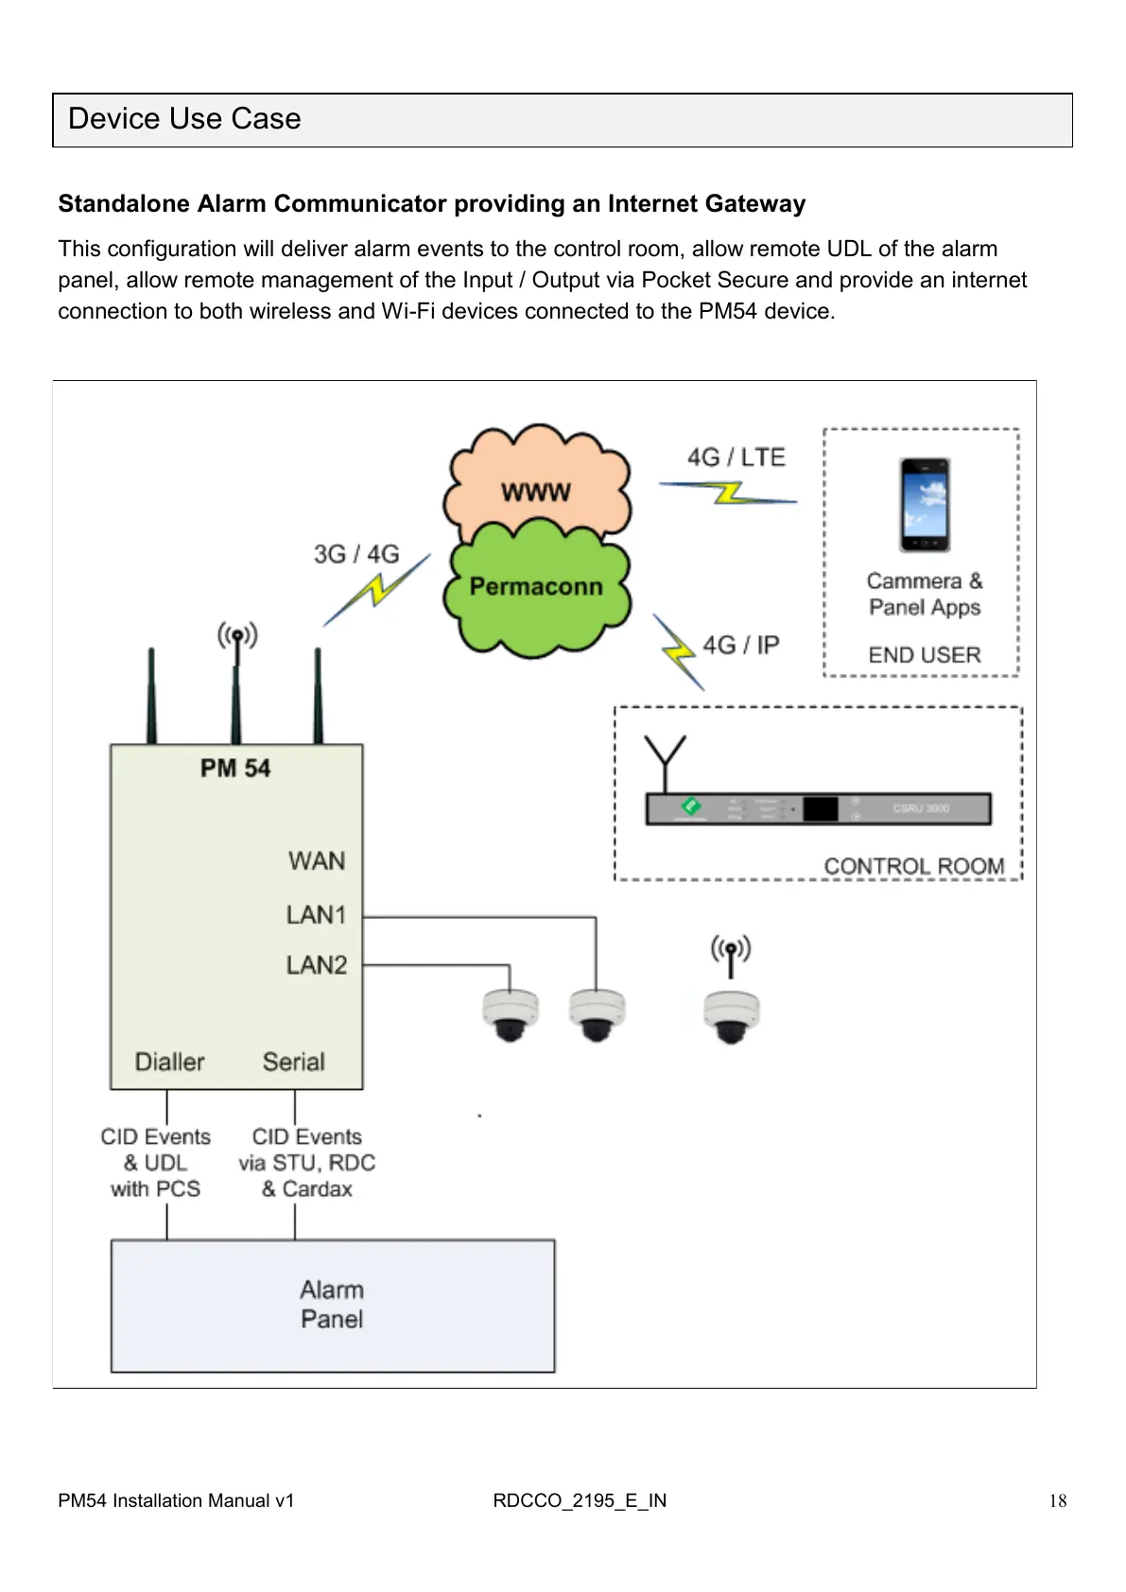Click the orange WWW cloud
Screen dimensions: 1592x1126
click(x=536, y=483)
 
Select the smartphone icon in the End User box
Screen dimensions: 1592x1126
click(x=925, y=505)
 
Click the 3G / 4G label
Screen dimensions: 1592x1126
click(x=356, y=554)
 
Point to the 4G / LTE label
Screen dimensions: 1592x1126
click(x=736, y=458)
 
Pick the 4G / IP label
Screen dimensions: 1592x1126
click(x=740, y=645)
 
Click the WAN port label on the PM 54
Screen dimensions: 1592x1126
click(x=317, y=861)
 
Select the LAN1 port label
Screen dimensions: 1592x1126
click(x=316, y=915)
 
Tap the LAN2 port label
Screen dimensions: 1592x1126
click(x=316, y=965)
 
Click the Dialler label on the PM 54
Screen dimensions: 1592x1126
click(x=169, y=1062)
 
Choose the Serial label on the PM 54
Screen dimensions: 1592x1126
click(x=293, y=1062)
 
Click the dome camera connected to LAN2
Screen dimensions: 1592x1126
click(x=511, y=1015)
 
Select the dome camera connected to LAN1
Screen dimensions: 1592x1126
click(x=597, y=1015)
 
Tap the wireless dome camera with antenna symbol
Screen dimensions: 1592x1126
click(x=731, y=1017)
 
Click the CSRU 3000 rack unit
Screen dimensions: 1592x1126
click(x=818, y=809)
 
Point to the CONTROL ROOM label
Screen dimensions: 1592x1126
click(x=913, y=866)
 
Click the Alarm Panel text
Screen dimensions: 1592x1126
click(x=332, y=1305)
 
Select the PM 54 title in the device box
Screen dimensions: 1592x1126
click(x=235, y=769)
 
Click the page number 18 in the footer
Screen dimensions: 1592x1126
click(x=1058, y=1501)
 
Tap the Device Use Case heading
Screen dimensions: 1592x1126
click(x=184, y=119)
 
